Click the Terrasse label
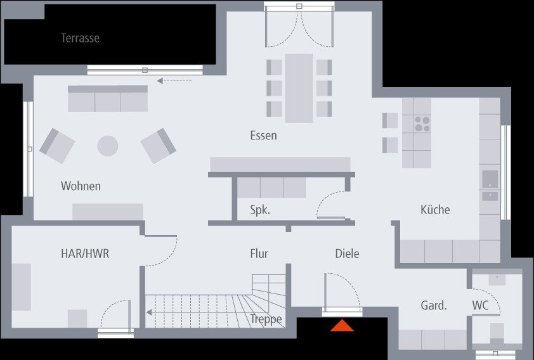click(x=80, y=38)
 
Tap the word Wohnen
click(x=81, y=186)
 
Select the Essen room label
click(x=263, y=135)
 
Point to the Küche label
click(x=435, y=210)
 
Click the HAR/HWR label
click(x=85, y=254)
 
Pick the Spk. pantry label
click(x=260, y=210)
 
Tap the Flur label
click(x=259, y=254)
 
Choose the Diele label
click(x=347, y=254)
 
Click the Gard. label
click(x=434, y=305)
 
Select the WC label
click(x=480, y=305)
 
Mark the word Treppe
click(x=266, y=319)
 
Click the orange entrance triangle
click(x=342, y=326)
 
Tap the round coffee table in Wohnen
click(x=108, y=146)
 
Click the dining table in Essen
click(x=299, y=88)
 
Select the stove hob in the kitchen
click(x=422, y=123)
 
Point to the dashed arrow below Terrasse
click(x=174, y=80)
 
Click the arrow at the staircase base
click(x=150, y=312)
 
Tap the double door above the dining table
click(x=298, y=25)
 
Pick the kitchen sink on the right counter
click(x=490, y=180)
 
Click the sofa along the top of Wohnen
click(x=108, y=99)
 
